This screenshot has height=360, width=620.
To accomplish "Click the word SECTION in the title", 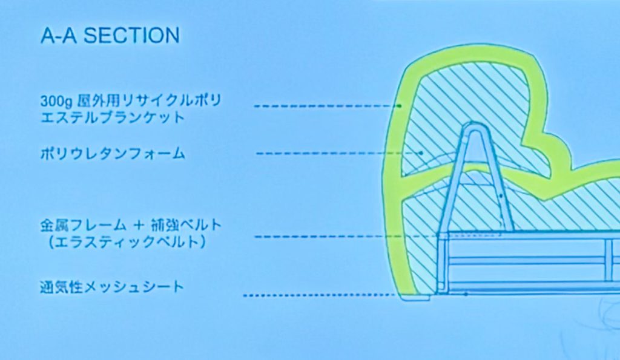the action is point(131,35).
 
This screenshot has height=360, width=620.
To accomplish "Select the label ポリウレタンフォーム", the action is point(113,153).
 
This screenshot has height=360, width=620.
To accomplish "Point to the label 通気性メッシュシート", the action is point(112,287).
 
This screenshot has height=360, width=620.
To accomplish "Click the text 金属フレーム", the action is point(83,225).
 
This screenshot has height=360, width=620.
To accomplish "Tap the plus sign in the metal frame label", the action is point(138,226).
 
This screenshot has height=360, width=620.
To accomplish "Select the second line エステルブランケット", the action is point(113,117).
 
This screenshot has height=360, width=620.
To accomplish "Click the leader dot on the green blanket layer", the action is point(400,106).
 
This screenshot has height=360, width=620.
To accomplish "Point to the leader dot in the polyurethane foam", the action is point(421,152).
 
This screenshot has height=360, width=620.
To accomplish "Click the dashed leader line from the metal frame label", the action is point(378,237).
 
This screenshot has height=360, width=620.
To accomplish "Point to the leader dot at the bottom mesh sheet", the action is point(466,294).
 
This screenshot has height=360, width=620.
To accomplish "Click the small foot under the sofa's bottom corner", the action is point(415,298).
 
